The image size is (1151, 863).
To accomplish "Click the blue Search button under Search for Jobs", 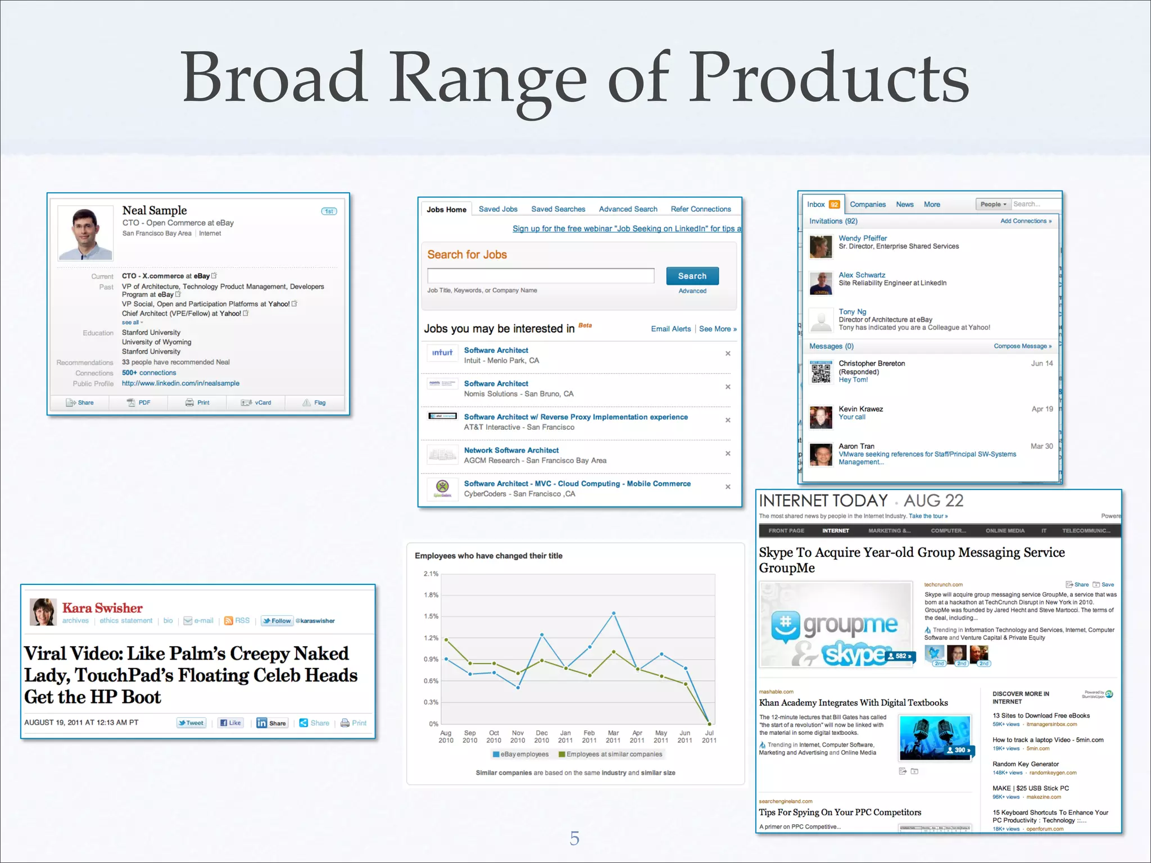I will point(692,276).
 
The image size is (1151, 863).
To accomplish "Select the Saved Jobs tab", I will point(498,209).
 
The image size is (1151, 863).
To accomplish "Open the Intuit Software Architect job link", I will point(496,350).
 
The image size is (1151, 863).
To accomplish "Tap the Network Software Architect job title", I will point(511,450).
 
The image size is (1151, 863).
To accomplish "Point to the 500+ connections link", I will point(149,373).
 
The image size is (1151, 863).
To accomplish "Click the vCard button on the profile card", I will point(256,403).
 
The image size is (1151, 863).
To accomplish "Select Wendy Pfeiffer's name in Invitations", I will point(862,238).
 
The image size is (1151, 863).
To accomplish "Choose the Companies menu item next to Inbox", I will point(867,205).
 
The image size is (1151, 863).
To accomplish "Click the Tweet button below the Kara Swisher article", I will point(191,723).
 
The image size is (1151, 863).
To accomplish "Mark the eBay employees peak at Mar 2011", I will point(614,613).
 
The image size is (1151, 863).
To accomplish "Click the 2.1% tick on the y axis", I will point(431,574).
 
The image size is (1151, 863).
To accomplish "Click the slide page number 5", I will point(574,838).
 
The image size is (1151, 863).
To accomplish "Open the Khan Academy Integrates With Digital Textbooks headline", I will point(853,703).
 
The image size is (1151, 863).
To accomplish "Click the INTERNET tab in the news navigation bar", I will point(835,531).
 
